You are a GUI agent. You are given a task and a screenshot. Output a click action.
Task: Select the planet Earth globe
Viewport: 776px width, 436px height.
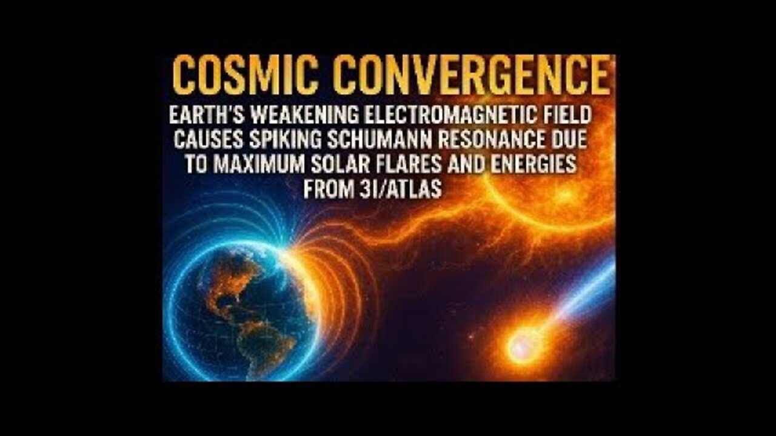[x=242, y=309]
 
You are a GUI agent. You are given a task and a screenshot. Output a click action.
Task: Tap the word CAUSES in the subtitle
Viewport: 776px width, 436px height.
[x=207, y=139]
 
